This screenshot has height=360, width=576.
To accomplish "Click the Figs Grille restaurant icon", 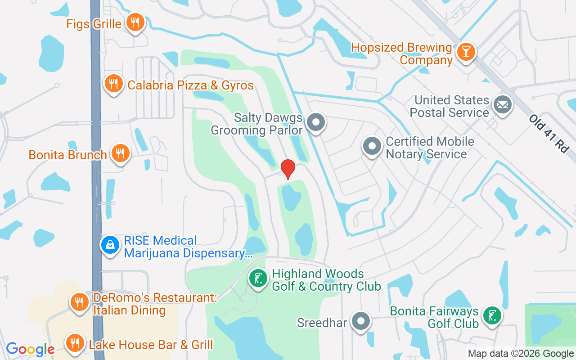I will tap(134, 22).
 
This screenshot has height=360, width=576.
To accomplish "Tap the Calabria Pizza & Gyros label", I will tap(190, 85).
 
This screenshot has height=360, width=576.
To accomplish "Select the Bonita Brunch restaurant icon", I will tap(120, 152).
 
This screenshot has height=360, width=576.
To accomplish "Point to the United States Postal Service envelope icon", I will tap(502, 105).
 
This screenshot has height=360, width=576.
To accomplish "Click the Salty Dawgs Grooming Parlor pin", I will tap(315, 121).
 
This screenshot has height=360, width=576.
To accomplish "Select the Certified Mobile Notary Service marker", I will tap(372, 146).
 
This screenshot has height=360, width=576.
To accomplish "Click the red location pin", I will tap(288, 168).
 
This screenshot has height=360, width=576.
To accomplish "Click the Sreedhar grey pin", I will tap(361, 321).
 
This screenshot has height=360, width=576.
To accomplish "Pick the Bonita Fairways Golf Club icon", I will tap(492, 316).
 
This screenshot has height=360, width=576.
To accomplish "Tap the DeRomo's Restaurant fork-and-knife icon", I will tap(80, 302).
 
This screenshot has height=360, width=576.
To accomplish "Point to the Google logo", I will tap(30, 349).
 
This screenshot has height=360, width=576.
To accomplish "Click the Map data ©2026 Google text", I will tap(521, 354).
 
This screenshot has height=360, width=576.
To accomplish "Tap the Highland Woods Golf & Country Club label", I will tap(326, 280).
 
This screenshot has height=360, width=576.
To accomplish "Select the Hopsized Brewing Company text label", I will tap(401, 54).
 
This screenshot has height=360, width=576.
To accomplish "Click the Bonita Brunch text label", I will tap(68, 155).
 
